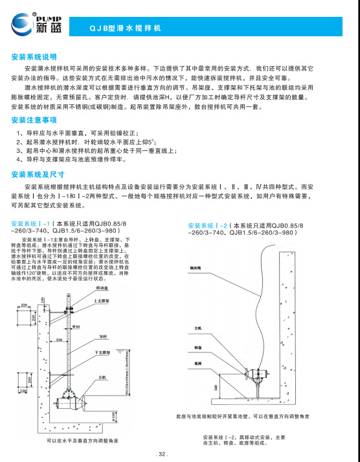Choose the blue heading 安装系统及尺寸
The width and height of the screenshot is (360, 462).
pyautogui.click(x=37, y=174)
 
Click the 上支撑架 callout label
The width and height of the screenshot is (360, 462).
pyautogui.click(x=103, y=301)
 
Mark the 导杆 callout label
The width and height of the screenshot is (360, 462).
pyautogui.click(x=102, y=337)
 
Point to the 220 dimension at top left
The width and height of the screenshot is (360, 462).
pyautogui.click(x=24, y=305)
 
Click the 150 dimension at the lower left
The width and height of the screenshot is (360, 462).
pyautogui.click(x=24, y=391)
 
